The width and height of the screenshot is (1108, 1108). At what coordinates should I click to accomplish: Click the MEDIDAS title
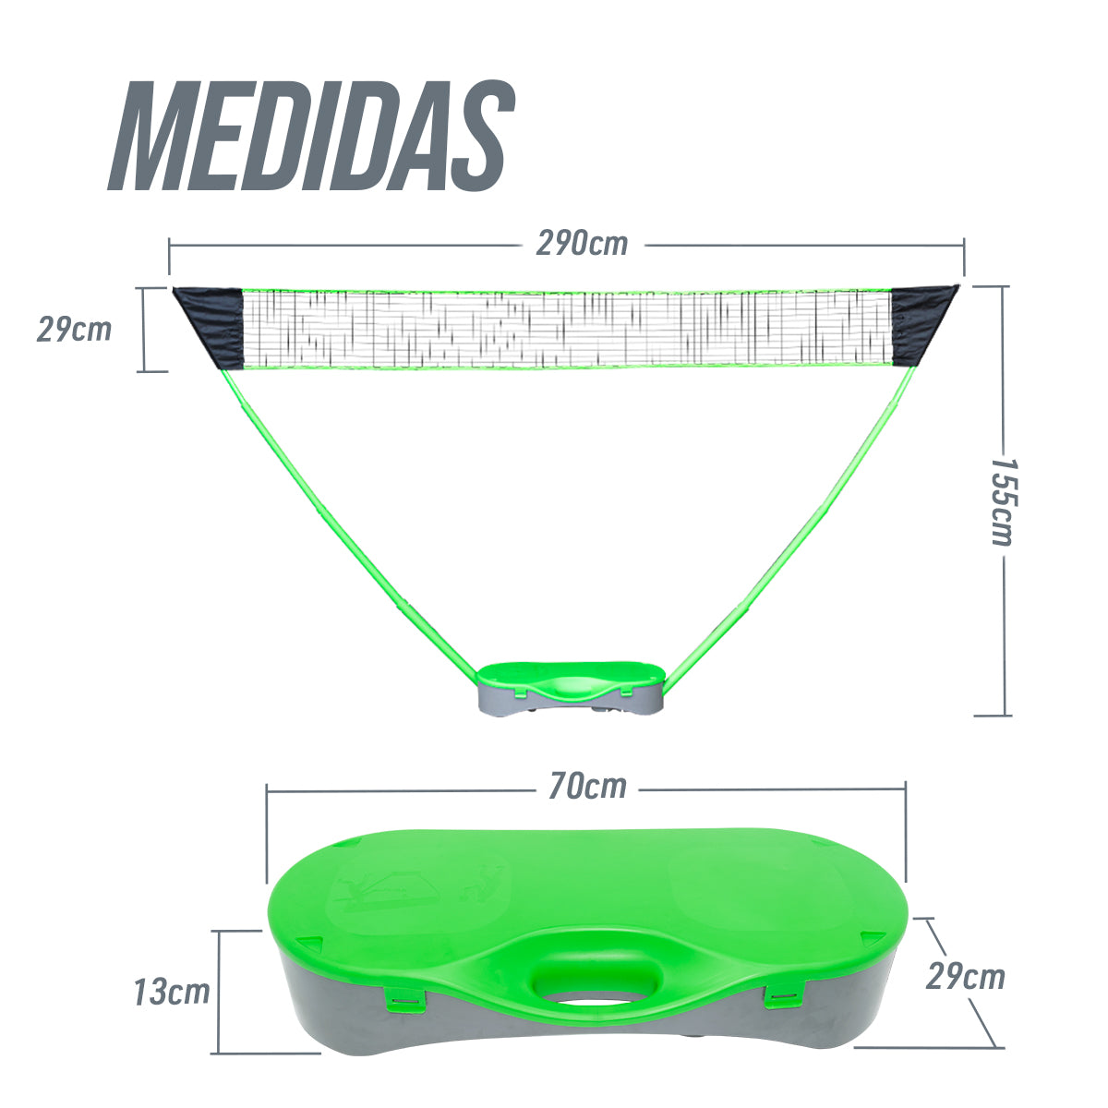[x=311, y=136]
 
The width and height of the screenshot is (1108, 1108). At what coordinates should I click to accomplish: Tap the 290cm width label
[x=582, y=244]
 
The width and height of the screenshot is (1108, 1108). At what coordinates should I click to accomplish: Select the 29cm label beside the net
[x=74, y=330]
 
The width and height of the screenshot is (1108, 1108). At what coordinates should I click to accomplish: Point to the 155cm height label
[x=1004, y=501]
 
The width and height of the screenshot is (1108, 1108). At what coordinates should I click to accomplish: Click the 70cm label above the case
[x=587, y=786]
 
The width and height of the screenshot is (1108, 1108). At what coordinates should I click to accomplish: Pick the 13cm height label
[x=172, y=992]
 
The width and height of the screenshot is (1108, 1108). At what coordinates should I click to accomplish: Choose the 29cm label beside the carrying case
[x=966, y=976]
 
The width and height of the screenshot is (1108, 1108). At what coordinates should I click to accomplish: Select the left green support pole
[x=351, y=521]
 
